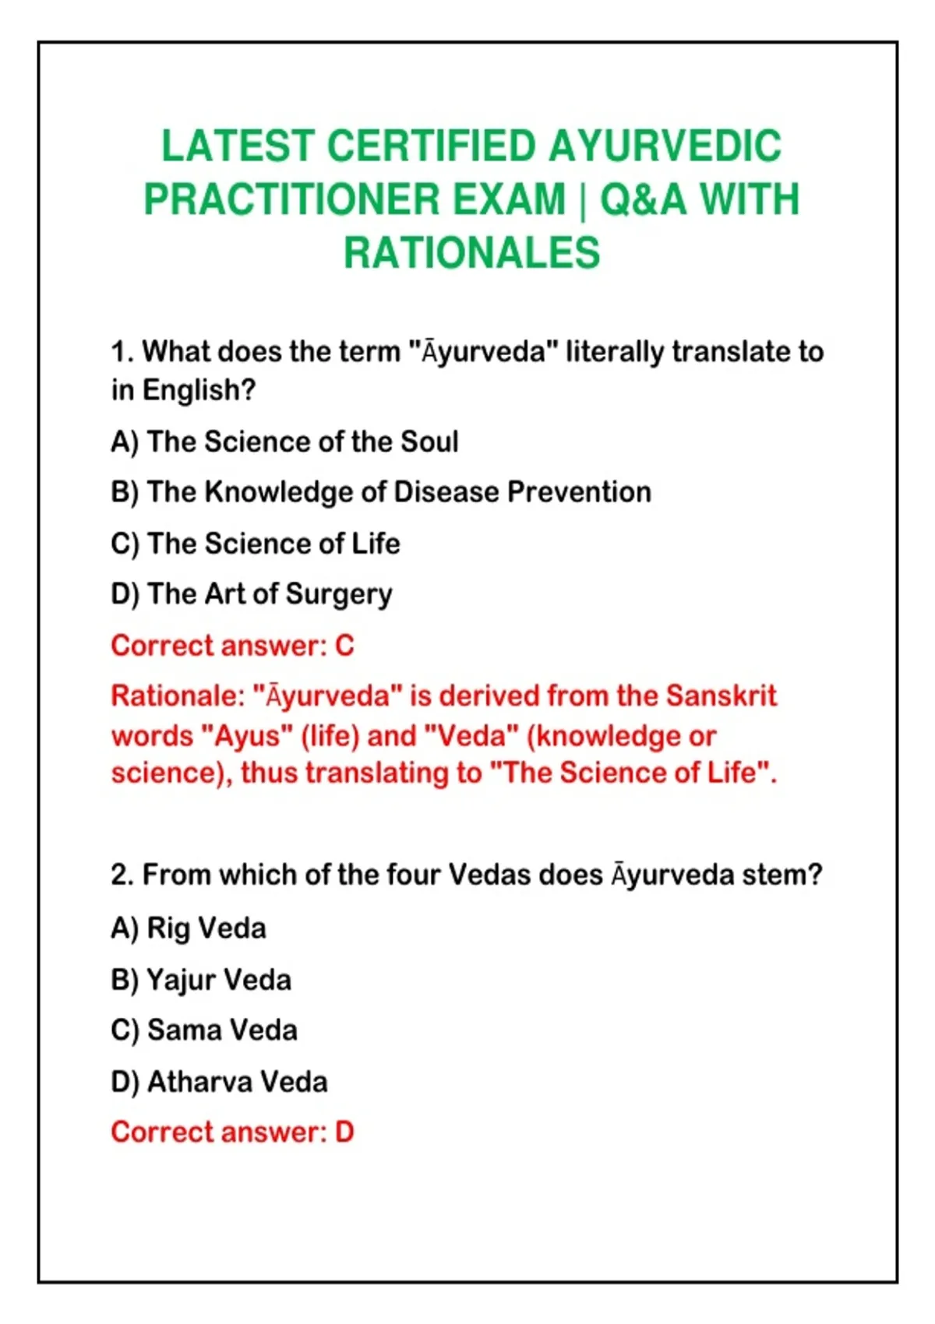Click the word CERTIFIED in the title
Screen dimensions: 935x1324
[431, 146]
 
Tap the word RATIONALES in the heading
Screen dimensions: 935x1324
[472, 252]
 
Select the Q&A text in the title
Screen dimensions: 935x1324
[643, 199]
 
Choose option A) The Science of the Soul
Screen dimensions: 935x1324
[284, 442]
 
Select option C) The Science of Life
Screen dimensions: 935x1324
[256, 544]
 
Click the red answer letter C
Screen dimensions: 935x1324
[344, 646]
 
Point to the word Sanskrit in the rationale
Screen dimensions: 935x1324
[721, 695]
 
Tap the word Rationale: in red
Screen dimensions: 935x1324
[178, 695]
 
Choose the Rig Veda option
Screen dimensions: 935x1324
[189, 928]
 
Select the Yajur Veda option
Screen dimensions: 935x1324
[201, 980]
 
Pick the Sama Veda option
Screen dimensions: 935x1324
[204, 1030]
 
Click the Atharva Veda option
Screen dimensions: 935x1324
[220, 1083]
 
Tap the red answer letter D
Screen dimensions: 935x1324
[344, 1132]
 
